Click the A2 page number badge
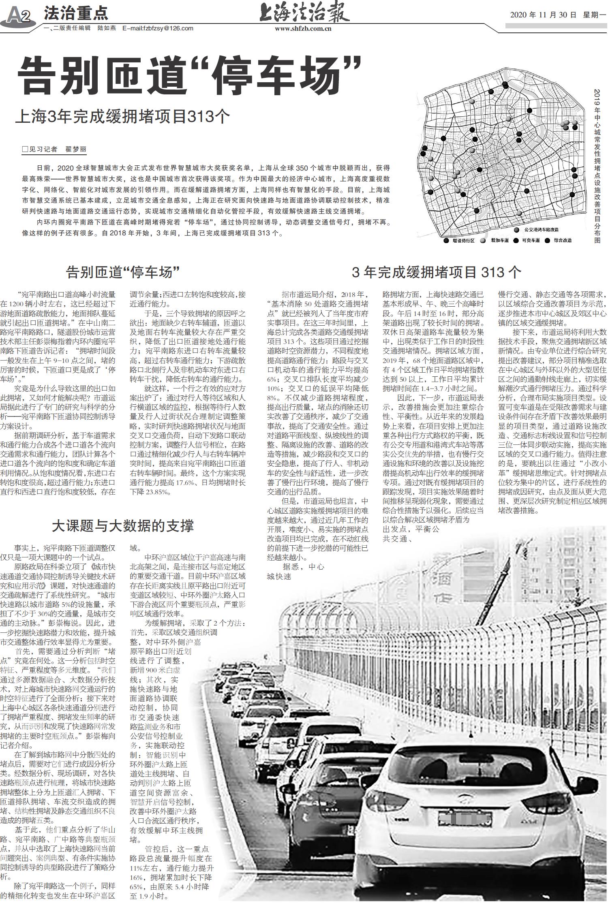[x=19, y=17]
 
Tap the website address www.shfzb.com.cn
[x=303, y=29]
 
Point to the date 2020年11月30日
[x=543, y=15]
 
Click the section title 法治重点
[x=76, y=14]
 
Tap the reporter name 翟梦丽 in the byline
[x=76, y=149]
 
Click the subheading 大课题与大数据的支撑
[x=123, y=525]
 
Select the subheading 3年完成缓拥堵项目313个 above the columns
[x=436, y=272]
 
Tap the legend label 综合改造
[x=563, y=240]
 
